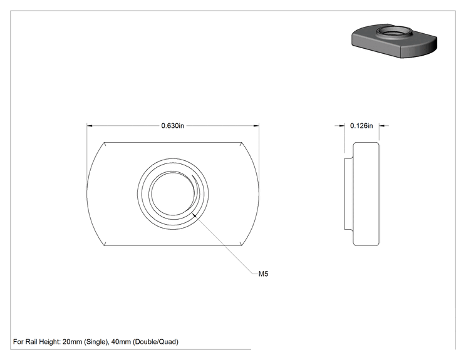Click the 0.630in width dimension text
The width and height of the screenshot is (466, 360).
[173, 126]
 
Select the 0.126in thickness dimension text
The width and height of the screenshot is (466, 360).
[361, 126]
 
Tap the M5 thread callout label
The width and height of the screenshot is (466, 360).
[263, 274]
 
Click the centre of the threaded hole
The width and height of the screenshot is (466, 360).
[173, 193]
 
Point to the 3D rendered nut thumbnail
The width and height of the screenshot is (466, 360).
[394, 41]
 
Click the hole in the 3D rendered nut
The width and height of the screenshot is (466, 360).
[394, 31]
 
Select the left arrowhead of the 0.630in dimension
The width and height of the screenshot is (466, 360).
[90, 126]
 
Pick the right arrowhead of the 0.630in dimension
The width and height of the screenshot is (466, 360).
[256, 126]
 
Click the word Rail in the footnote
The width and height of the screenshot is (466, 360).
[31, 342]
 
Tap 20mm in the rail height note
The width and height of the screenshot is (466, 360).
[72, 342]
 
